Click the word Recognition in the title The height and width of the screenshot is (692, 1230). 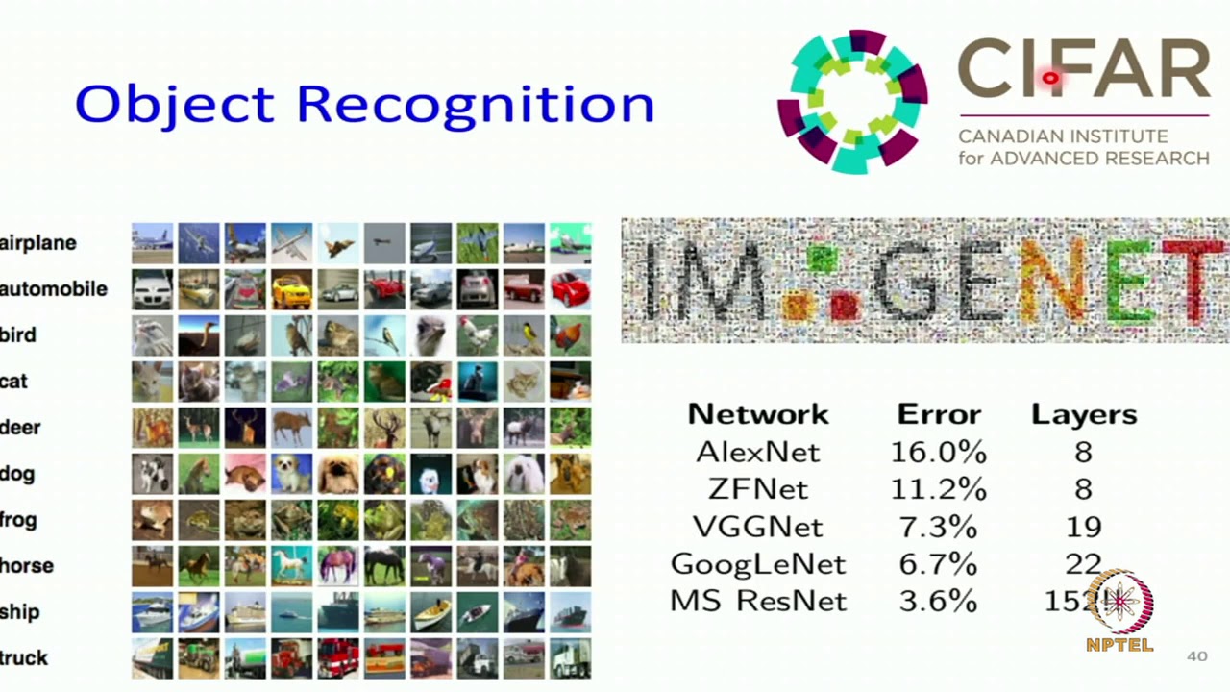point(476,105)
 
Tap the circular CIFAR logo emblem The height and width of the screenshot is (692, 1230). point(852,102)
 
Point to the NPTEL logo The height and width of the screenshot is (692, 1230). point(1119,611)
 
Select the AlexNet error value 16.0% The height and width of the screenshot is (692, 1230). point(938,452)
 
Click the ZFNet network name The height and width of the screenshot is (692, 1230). point(758,489)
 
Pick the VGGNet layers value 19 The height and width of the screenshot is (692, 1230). point(1083,527)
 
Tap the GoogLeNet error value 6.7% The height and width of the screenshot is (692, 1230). point(938,564)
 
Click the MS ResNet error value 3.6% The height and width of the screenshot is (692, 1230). point(938,602)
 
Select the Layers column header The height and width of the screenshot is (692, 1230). point(1083,414)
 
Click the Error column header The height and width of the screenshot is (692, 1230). point(938,414)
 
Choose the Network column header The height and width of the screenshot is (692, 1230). point(758,414)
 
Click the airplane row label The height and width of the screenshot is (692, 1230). point(38,243)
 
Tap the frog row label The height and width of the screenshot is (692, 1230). point(18,520)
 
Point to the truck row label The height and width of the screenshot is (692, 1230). point(24,658)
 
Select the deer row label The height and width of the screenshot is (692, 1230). point(20,428)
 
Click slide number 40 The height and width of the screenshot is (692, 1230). point(1196,656)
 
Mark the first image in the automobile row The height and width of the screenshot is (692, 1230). point(152,288)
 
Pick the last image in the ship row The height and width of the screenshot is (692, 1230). point(571,612)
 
